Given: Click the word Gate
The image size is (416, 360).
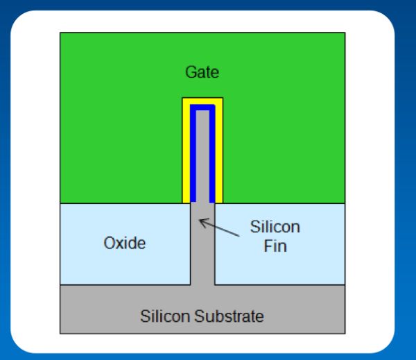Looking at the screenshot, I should tap(202, 71).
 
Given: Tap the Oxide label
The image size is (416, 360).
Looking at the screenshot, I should tap(124, 243).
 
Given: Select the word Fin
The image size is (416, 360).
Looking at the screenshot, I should tap(275, 246).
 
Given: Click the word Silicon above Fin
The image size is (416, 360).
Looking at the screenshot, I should tap(275, 228).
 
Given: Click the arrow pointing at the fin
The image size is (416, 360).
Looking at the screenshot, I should tap(219, 229).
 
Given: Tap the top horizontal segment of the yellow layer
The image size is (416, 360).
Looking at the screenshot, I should tap(202, 101).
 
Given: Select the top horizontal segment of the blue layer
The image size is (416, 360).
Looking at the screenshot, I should tap(202, 108).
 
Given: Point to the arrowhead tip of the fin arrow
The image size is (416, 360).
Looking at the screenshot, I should tap(200, 220).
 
